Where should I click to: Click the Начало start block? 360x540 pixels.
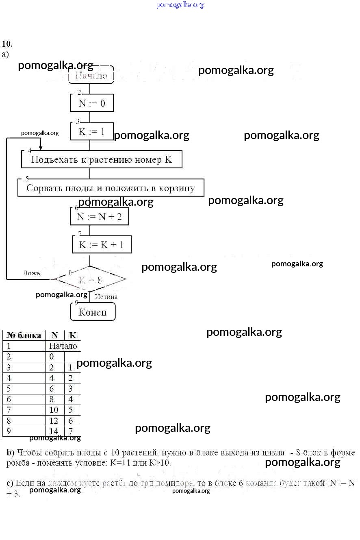coord(91,75)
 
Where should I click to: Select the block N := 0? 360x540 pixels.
coord(91,103)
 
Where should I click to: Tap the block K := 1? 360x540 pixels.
coord(91,132)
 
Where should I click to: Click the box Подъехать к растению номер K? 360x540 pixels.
coord(102,159)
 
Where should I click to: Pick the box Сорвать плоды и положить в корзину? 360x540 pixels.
coord(111,188)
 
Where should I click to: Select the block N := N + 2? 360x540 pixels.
coord(99,217)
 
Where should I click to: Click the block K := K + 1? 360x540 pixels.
coord(102,245)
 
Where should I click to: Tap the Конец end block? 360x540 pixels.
coord(93,312)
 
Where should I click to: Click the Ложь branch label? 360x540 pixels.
coord(31,273)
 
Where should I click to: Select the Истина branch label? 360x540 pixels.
coord(106,297)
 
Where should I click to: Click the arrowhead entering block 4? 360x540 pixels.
coord(40,148)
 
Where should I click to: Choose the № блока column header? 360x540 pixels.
coord(24,335)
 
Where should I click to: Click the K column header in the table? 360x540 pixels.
coord(73,335)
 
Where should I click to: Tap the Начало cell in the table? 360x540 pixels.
coord(63,346)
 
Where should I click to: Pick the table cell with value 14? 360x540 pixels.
coord(54,431)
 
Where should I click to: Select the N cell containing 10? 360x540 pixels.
coord(54,410)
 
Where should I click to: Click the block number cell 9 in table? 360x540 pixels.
coord(9,431)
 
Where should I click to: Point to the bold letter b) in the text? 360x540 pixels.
coord(11,453)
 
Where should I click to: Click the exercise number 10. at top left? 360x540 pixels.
coord(7,44)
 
